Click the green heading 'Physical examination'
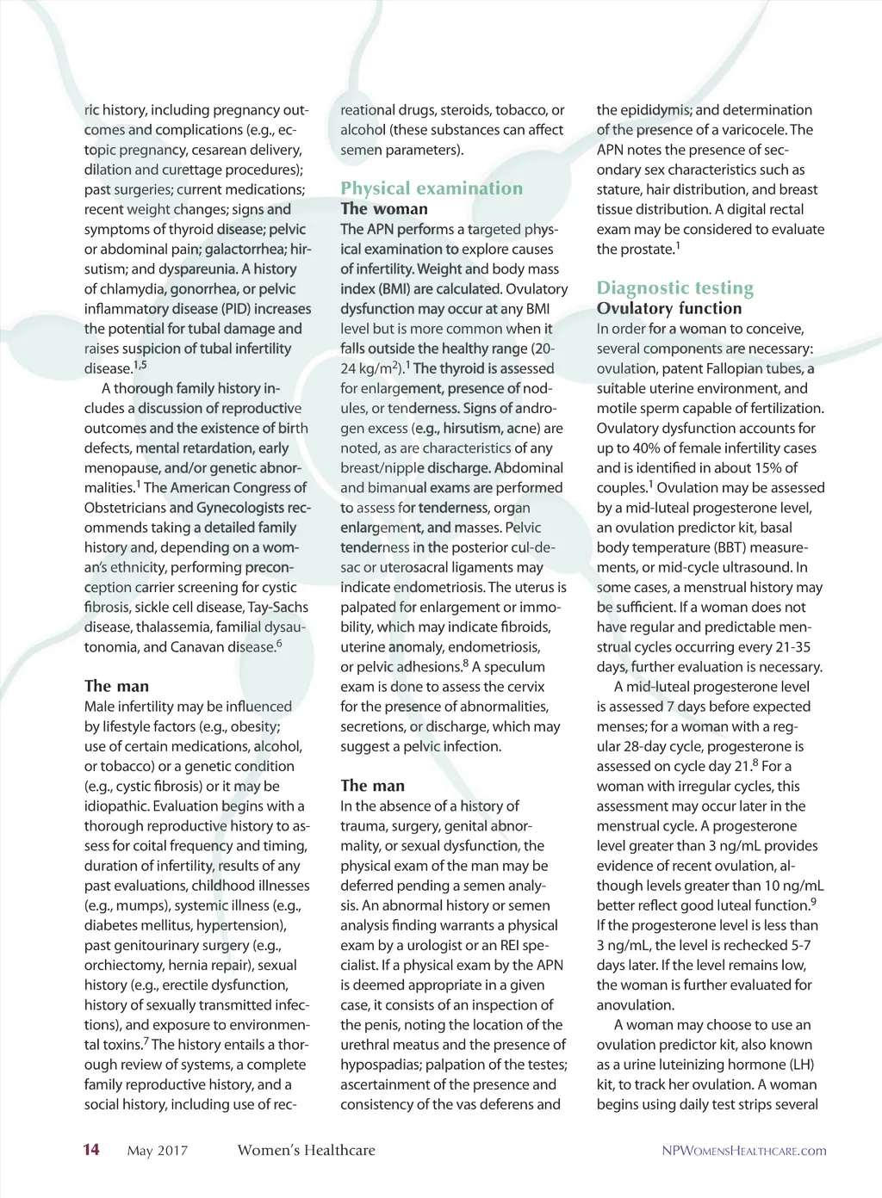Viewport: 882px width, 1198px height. [x=432, y=188]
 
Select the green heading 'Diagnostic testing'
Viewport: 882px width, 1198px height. [x=675, y=288]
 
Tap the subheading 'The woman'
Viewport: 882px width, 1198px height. [x=384, y=209]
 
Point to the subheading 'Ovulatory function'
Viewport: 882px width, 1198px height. [x=669, y=309]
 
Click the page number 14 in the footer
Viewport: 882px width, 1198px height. [x=91, y=1150]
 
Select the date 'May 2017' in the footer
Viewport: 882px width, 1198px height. [x=157, y=1151]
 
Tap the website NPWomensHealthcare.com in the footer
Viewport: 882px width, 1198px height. [x=743, y=1151]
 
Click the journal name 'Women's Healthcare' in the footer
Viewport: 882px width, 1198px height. [x=306, y=1151]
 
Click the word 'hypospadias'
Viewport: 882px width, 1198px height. [x=377, y=1065]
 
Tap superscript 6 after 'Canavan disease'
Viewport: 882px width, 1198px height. [x=279, y=643]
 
